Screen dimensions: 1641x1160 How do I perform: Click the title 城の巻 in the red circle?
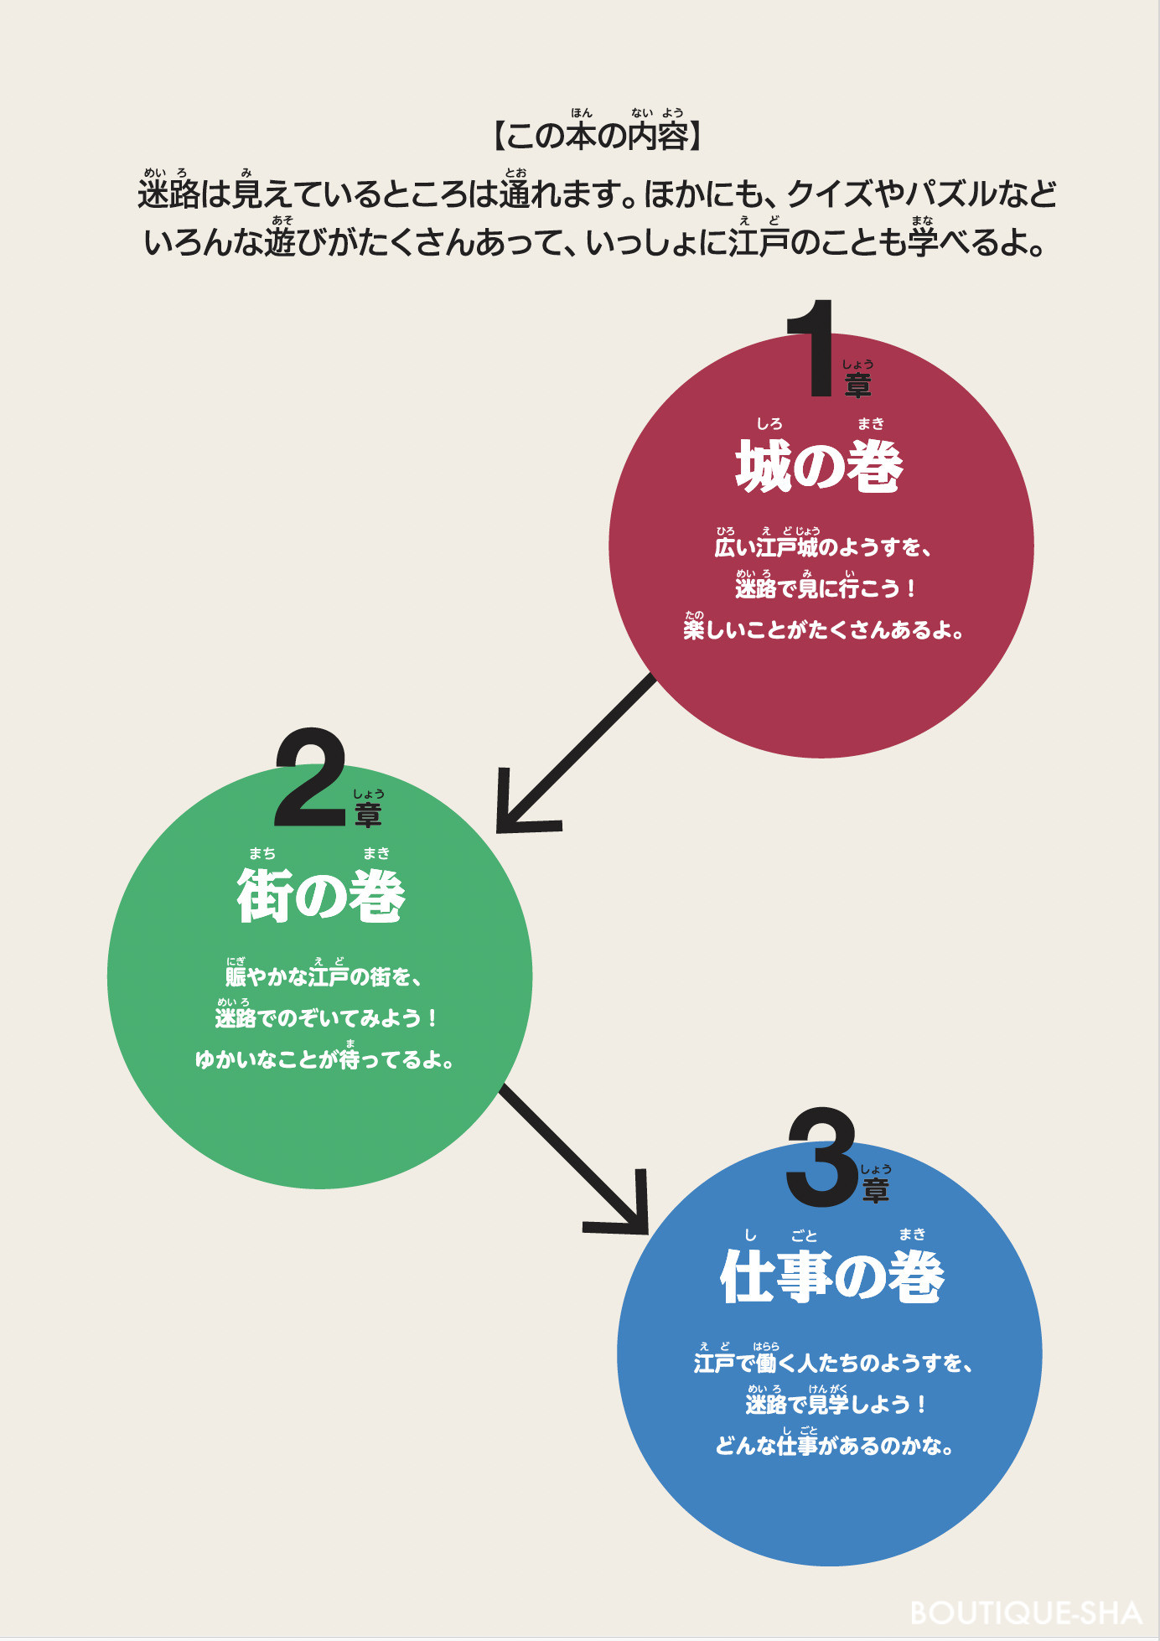click(820, 467)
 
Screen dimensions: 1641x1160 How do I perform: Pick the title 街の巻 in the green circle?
click(321, 896)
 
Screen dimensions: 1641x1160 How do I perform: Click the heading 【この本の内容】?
click(596, 135)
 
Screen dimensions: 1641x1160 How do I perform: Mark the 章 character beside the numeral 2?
click(368, 815)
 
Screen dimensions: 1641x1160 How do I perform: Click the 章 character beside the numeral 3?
click(876, 1190)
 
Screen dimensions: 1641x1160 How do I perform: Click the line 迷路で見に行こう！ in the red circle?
click(826, 588)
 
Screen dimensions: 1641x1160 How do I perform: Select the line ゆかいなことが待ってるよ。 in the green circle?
click(324, 1059)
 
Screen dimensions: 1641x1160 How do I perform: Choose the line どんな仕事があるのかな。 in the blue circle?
click(834, 1446)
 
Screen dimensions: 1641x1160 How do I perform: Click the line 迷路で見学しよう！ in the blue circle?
click(836, 1404)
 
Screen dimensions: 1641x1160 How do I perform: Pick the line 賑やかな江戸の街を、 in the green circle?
click(323, 976)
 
